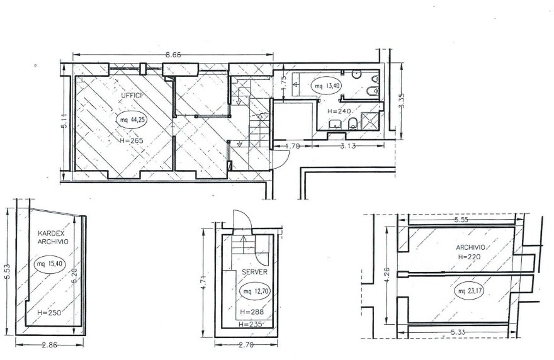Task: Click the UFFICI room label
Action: click(x=132, y=96)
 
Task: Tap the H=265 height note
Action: click(x=132, y=140)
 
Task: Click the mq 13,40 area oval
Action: click(x=329, y=85)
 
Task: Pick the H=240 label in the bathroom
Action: click(x=339, y=111)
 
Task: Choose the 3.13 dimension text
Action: click(x=348, y=146)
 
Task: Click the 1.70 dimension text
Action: click(x=292, y=146)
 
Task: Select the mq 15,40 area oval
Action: click(x=50, y=264)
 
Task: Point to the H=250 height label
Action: click(x=48, y=313)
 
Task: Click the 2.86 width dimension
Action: click(x=50, y=345)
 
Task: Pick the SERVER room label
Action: click(x=255, y=272)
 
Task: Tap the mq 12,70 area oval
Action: click(x=255, y=292)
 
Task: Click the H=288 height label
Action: click(x=252, y=312)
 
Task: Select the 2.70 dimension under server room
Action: click(x=246, y=345)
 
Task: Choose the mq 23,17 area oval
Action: click(x=469, y=291)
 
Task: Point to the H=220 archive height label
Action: click(x=468, y=257)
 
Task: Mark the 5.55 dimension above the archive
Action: click(x=460, y=220)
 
